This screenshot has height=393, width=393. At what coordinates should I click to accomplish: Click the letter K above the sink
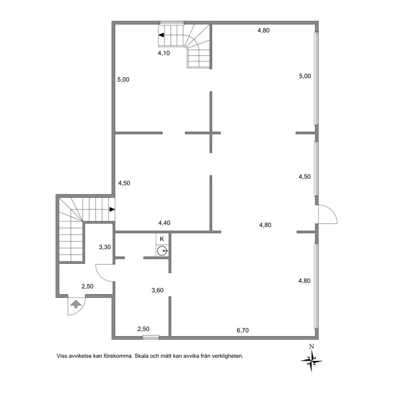click(x=162, y=239)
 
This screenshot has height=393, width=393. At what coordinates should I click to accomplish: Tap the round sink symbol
click(x=162, y=250)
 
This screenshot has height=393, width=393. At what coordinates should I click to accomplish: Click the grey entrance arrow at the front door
click(x=76, y=304)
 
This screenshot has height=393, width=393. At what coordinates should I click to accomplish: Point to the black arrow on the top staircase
click(x=161, y=35)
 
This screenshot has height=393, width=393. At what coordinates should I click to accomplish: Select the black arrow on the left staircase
click(x=112, y=209)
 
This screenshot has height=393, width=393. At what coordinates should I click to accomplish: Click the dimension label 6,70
click(x=242, y=330)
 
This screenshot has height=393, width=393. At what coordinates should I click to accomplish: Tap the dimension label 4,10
click(x=164, y=53)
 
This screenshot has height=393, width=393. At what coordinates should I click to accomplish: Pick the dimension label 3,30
click(x=105, y=247)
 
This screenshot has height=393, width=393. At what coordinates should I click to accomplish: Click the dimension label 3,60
click(x=157, y=290)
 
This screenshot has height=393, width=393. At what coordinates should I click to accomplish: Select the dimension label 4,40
click(x=164, y=223)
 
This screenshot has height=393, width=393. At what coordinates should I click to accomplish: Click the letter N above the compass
click(x=311, y=347)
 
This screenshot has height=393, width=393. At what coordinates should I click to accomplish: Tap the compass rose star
click(x=311, y=361)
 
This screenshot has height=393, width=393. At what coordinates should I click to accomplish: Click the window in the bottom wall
click(x=151, y=338)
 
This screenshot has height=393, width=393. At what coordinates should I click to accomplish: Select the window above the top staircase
click(x=172, y=23)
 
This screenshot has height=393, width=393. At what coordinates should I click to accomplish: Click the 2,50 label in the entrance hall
click(x=88, y=286)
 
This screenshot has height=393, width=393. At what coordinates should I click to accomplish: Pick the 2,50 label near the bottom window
click(x=144, y=329)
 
